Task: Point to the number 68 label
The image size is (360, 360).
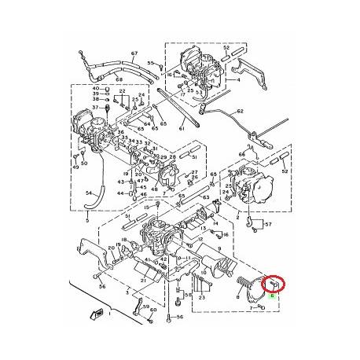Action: point(119,79)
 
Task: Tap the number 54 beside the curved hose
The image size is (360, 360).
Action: point(89,193)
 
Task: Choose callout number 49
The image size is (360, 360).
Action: point(76,167)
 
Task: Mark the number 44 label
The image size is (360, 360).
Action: point(120,193)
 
